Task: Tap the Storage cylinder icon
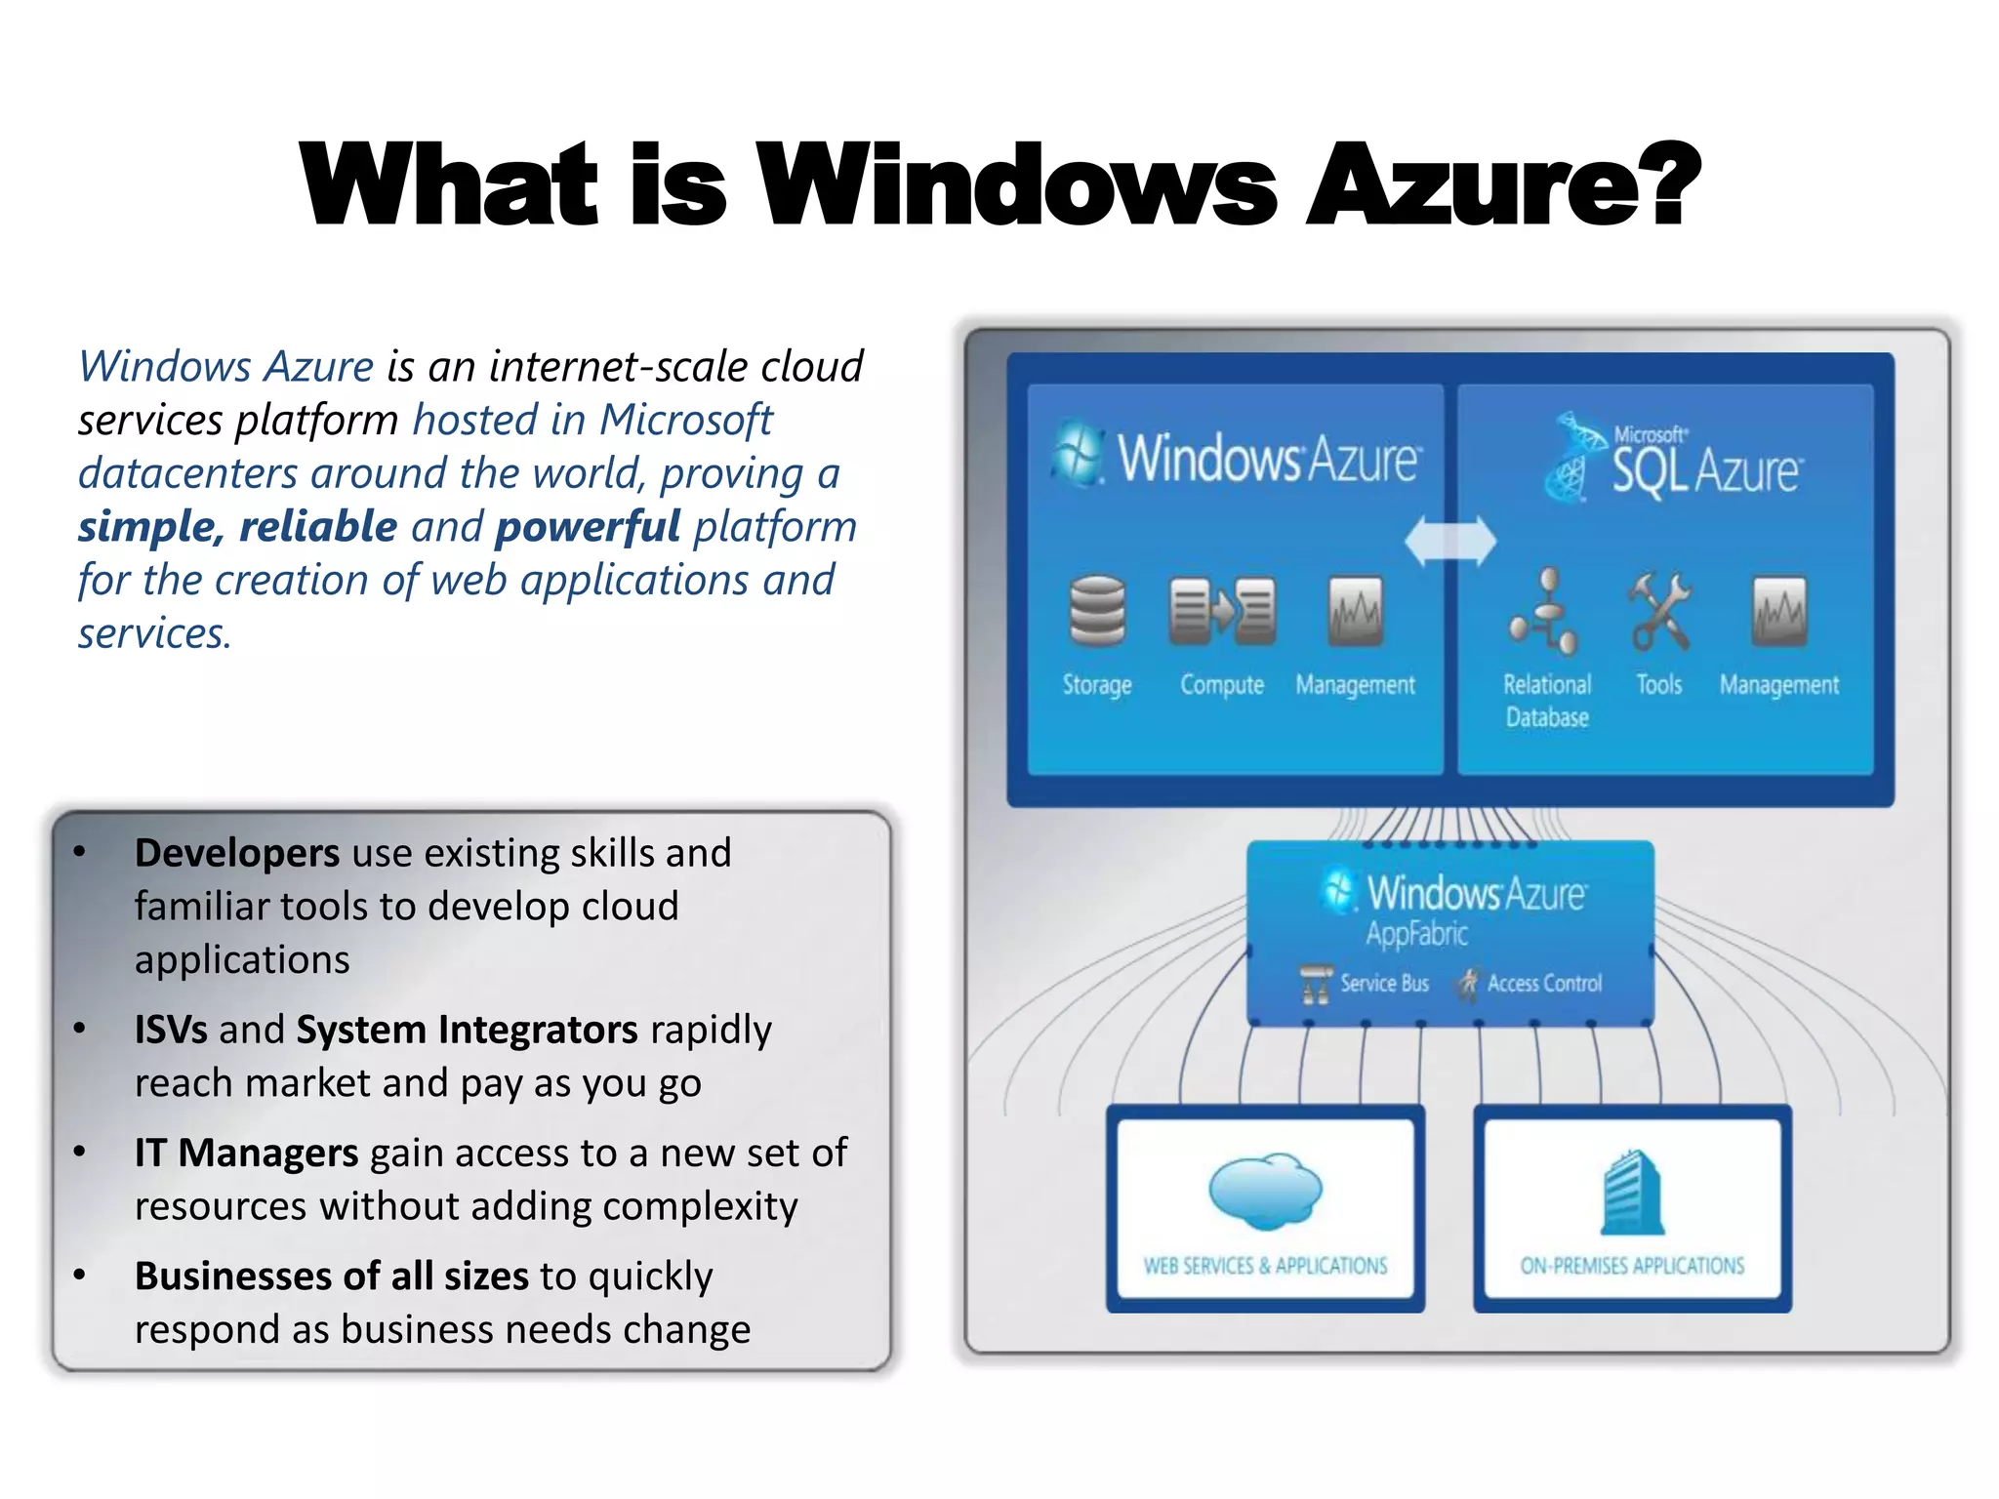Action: point(1097,611)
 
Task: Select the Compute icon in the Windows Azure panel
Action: point(1222,611)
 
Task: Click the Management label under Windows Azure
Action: point(1355,685)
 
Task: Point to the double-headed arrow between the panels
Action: point(1450,541)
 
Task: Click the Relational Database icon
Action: point(1545,613)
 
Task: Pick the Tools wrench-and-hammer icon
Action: point(1660,611)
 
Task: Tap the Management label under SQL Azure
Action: point(1778,685)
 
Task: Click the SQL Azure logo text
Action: point(1704,470)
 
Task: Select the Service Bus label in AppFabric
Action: point(1384,983)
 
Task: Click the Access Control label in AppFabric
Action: point(1544,983)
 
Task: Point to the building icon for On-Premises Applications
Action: point(1632,1193)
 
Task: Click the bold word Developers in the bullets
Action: point(237,853)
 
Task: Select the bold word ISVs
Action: point(171,1030)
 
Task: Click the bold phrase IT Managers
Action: point(246,1153)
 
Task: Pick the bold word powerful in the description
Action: point(588,527)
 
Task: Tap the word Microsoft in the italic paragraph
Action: point(685,420)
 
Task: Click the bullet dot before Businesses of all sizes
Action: point(80,1275)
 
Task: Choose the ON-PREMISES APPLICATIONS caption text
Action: point(1632,1266)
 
